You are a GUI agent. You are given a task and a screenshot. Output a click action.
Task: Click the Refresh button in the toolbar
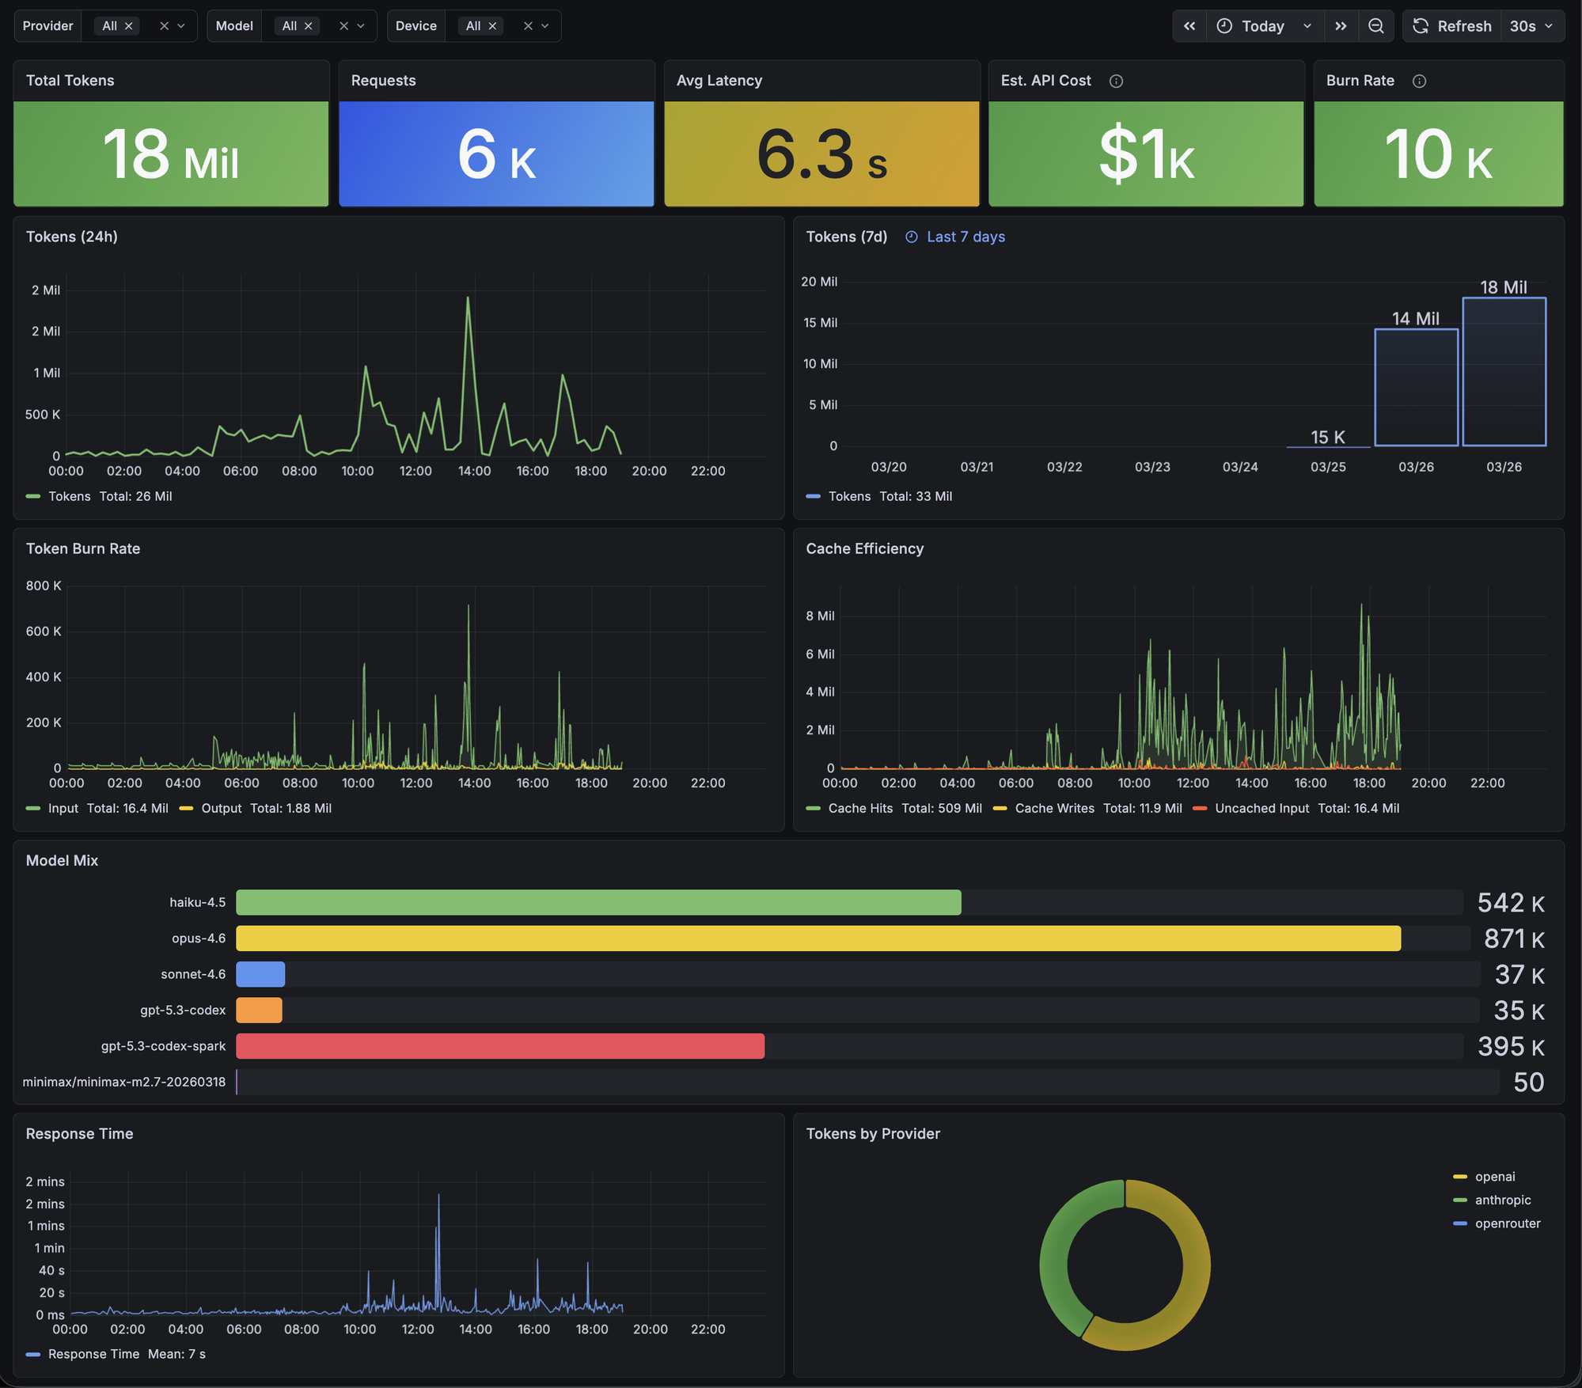pyautogui.click(x=1452, y=26)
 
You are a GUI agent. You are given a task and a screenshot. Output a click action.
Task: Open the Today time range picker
pyautogui.click(x=1264, y=26)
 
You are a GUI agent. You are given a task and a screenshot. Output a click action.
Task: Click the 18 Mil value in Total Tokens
pyautogui.click(x=171, y=154)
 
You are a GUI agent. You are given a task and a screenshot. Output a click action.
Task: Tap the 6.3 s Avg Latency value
pyautogui.click(x=821, y=154)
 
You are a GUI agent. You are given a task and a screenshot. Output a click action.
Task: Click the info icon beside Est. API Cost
pyautogui.click(x=1116, y=81)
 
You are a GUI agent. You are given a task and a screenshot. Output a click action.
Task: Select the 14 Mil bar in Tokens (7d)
pyautogui.click(x=1416, y=388)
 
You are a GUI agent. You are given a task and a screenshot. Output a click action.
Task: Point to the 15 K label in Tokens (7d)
pyautogui.click(x=1327, y=437)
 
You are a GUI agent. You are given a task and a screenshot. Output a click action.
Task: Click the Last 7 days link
pyautogui.click(x=965, y=237)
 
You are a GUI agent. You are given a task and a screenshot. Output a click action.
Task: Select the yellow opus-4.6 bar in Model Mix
pyautogui.click(x=818, y=939)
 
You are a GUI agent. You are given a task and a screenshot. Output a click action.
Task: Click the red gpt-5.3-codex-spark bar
pyautogui.click(x=500, y=1046)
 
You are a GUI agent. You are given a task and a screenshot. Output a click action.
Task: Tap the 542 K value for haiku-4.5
pyautogui.click(x=1510, y=903)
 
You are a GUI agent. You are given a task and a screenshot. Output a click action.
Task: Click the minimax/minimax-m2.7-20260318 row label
pyautogui.click(x=124, y=1082)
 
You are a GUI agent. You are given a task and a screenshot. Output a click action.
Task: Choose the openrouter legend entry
pyautogui.click(x=1507, y=1223)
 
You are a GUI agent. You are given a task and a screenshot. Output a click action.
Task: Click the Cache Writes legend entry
pyautogui.click(x=1054, y=808)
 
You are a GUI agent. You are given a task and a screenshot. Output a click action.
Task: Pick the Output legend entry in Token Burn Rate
pyautogui.click(x=221, y=808)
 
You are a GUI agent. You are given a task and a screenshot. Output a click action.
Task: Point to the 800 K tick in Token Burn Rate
pyautogui.click(x=44, y=586)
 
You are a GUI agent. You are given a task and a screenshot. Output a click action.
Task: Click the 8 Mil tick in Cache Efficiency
pyautogui.click(x=820, y=616)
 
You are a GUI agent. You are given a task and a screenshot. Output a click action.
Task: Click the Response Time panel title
pyautogui.click(x=79, y=1133)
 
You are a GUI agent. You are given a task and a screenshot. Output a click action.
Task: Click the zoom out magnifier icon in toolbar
pyautogui.click(x=1376, y=26)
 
